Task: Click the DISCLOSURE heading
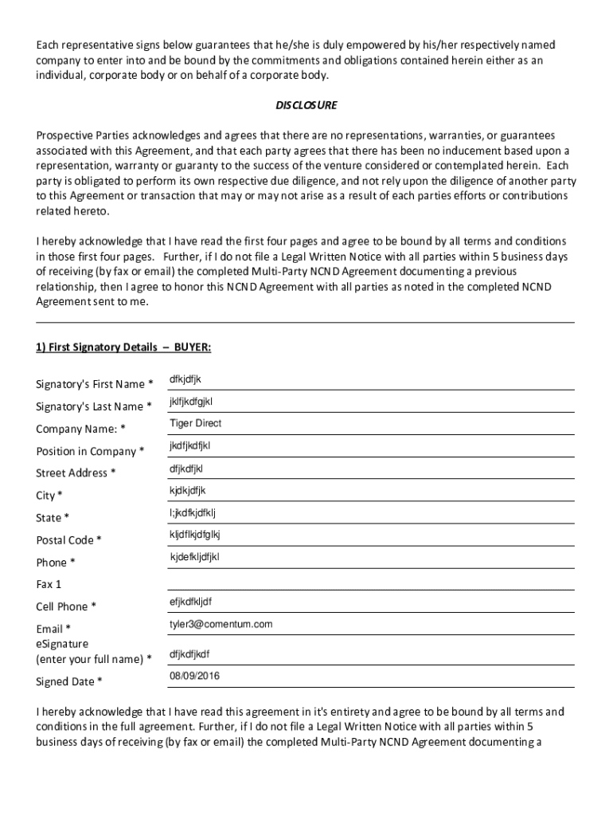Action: tap(306, 105)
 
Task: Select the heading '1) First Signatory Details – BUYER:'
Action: tap(123, 347)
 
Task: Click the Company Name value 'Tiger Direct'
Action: tap(195, 423)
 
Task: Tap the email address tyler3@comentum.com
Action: tap(221, 624)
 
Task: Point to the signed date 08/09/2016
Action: tap(194, 677)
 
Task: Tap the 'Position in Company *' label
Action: tap(90, 451)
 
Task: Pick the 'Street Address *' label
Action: tap(76, 473)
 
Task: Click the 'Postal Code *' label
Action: tap(68, 540)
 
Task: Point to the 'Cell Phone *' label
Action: tap(67, 606)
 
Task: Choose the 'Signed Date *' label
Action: tap(69, 681)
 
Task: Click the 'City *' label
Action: tap(49, 496)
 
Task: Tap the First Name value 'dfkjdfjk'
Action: tap(185, 379)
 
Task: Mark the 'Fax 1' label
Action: tap(49, 584)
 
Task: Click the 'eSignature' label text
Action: tap(62, 643)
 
